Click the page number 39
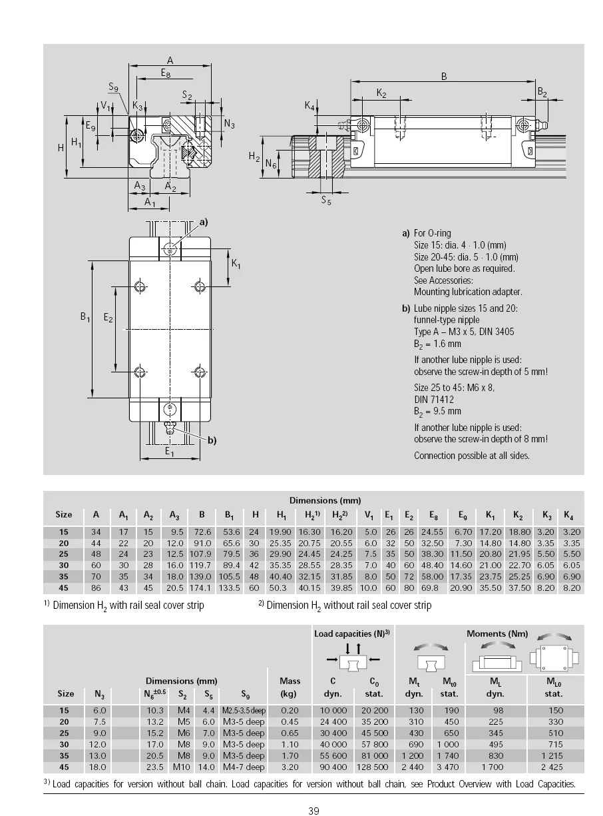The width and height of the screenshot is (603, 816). (x=314, y=811)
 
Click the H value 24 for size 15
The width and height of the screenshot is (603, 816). (x=254, y=532)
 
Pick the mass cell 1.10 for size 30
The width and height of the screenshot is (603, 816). (x=290, y=745)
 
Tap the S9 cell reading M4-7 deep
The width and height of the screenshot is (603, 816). (x=244, y=767)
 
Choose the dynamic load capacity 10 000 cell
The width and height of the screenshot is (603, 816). (x=333, y=711)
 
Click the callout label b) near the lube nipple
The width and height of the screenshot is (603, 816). (x=212, y=440)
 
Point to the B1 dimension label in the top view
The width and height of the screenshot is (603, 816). (x=85, y=318)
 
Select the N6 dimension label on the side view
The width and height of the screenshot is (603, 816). (x=271, y=164)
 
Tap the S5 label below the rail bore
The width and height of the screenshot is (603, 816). (x=325, y=201)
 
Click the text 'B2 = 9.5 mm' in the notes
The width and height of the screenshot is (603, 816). (x=437, y=412)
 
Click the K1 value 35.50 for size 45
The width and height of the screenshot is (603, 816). (x=491, y=588)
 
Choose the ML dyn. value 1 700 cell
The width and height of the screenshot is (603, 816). (x=493, y=767)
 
